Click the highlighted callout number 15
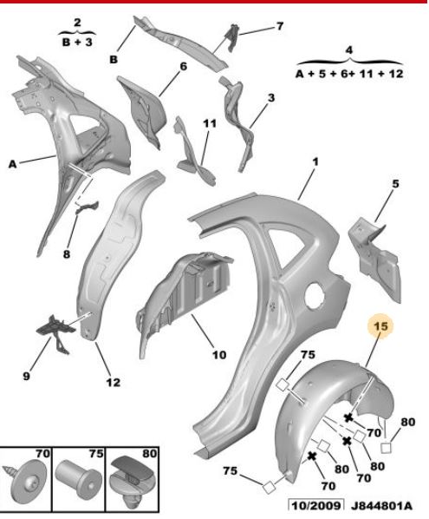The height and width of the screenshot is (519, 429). [x=380, y=326]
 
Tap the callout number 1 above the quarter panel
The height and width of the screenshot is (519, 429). [x=315, y=161]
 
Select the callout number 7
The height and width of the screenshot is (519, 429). [x=280, y=26]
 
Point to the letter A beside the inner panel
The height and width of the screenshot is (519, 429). [x=12, y=164]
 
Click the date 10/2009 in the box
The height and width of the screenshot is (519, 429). [x=315, y=506]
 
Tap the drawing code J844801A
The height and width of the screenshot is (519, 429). [x=381, y=506]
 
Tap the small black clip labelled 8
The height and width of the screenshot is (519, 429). [x=87, y=207]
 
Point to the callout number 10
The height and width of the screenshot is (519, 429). [x=218, y=355]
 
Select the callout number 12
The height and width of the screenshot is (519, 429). [x=113, y=382]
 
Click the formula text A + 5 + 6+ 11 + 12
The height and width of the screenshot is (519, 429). [x=349, y=74]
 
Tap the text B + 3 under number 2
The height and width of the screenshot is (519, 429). [x=77, y=43]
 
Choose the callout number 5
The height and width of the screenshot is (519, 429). [x=395, y=183]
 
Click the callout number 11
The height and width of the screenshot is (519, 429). [x=210, y=123]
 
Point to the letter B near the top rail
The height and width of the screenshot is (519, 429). [x=114, y=60]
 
